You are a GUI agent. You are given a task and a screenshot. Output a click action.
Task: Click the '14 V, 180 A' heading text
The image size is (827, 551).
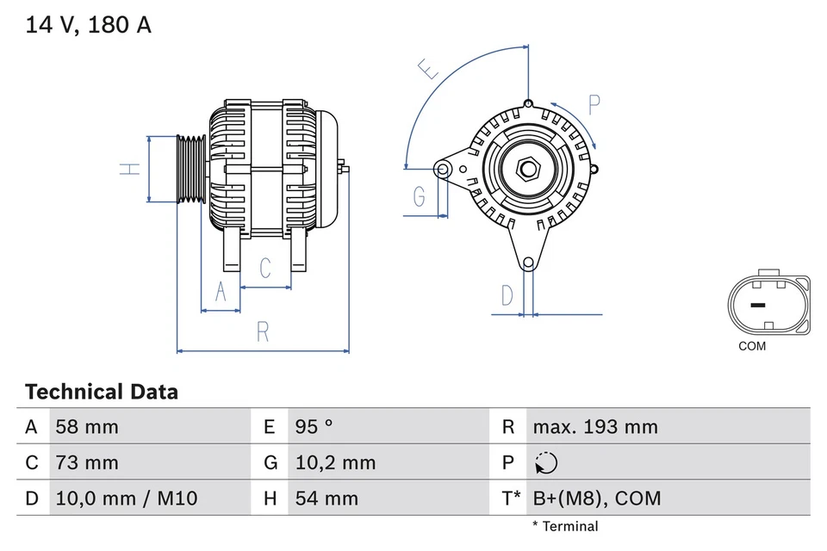pos(88,25)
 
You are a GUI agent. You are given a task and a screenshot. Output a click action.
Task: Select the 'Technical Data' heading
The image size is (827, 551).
pos(102,393)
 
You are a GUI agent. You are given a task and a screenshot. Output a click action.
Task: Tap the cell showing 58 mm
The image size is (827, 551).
pos(86,427)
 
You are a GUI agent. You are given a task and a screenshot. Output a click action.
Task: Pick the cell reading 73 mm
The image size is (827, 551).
pos(86,463)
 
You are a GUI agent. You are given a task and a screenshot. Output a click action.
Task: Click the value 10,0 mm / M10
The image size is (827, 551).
pos(126,498)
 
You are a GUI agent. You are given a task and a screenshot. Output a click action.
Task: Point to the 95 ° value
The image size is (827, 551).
pos(314,427)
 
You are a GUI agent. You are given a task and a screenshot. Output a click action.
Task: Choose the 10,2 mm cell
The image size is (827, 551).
pos(335,463)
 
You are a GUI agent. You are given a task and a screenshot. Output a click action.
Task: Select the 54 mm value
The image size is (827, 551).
pos(326,498)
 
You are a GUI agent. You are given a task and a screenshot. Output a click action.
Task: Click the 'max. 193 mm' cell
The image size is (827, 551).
pos(594,427)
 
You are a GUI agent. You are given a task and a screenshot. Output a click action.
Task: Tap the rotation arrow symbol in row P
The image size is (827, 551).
pos(545,463)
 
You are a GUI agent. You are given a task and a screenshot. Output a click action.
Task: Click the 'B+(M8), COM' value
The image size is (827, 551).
pos(597,498)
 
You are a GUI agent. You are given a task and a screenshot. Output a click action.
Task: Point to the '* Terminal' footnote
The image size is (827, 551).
pos(564,526)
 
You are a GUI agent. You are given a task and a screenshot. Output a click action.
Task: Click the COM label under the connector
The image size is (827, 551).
pos(751,347)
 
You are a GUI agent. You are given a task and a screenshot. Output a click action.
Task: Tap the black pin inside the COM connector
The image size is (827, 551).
pos(757,305)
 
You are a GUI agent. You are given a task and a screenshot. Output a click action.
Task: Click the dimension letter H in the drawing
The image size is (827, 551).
pos(129,169)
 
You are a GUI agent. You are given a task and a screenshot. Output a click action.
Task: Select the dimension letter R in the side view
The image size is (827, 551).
pos(264,331)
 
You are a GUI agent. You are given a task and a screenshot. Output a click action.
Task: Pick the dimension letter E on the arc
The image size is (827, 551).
pos(428,68)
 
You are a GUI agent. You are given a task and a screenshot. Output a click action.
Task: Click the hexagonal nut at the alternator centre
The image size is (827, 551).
pos(527,169)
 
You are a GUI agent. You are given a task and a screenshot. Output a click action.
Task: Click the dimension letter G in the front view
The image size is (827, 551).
pos(420,197)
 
